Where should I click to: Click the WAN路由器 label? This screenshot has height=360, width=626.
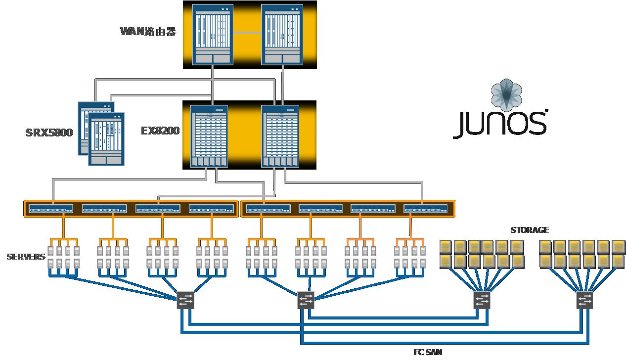(148, 32)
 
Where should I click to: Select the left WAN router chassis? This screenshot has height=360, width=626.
(213, 35)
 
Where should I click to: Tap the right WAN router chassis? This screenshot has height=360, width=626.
(281, 35)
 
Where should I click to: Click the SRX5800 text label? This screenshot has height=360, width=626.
(49, 133)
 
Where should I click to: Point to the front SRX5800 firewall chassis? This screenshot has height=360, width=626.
(106, 139)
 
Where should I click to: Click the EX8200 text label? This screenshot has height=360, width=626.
(160, 131)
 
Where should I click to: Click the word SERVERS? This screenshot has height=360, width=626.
(26, 257)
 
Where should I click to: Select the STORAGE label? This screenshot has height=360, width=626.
(530, 230)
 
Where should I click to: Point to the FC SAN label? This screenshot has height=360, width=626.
(428, 352)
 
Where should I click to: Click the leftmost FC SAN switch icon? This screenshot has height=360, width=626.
(185, 300)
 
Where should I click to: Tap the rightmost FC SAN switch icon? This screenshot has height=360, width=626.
(584, 300)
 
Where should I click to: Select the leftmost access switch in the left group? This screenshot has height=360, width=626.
(51, 209)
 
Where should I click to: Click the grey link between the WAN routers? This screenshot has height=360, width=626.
(247, 33)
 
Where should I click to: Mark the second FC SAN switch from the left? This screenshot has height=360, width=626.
(306, 300)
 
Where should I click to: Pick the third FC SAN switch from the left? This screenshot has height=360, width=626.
(482, 300)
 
